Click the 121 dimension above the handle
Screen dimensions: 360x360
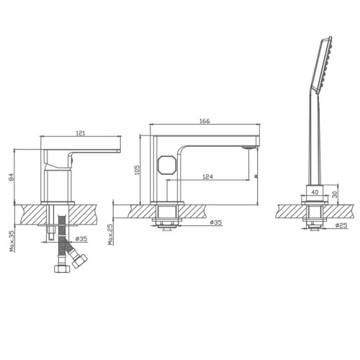coord(81,133)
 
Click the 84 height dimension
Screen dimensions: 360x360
coord(12,177)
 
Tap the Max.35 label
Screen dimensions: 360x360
coord(12,240)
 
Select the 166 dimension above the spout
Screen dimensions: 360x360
coord(204,121)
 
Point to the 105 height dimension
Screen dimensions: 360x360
coord(137,170)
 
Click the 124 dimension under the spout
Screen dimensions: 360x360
coord(208,176)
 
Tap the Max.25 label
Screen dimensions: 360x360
coord(110,235)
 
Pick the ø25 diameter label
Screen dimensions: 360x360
coord(341,225)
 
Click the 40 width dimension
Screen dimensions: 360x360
coord(315,192)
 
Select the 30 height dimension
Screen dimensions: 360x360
coord(335,194)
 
